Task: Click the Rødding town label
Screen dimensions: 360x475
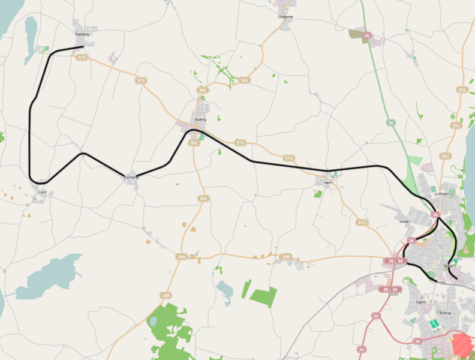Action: point(82,35)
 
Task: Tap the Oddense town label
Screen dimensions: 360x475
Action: point(285,17)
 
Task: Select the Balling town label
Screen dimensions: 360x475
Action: point(200,120)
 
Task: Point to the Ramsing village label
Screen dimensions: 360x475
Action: point(131,178)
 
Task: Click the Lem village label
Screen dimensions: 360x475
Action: point(42,192)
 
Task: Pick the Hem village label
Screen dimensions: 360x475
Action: point(327,182)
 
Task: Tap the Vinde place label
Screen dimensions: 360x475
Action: point(404,221)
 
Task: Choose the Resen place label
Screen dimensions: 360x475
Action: point(444,194)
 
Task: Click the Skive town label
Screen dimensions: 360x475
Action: point(447,265)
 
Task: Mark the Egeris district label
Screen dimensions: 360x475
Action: point(421,302)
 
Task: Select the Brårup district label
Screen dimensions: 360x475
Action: point(445,313)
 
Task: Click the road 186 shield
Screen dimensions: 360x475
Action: point(454,357)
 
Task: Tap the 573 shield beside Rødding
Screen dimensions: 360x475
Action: point(82,58)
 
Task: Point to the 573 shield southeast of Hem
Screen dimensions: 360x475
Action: point(361,223)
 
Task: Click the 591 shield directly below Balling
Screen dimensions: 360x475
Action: point(193,143)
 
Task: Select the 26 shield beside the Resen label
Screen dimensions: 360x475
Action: point(435,214)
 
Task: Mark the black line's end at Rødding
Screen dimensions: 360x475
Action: point(82,46)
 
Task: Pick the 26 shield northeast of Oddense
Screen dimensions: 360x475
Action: point(367,36)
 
